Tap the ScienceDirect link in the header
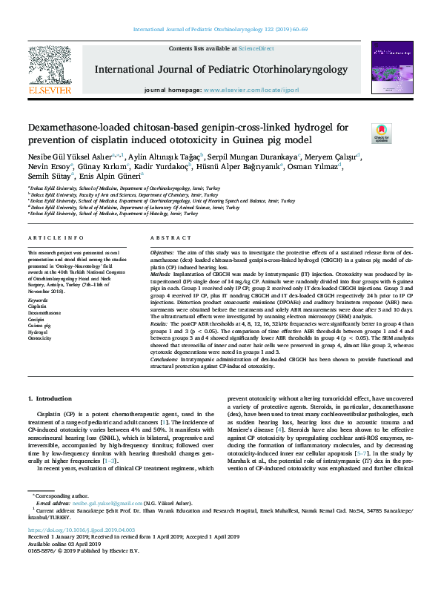[257, 48]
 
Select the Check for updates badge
[381, 134]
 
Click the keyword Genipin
[38, 317]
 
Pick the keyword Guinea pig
[41, 324]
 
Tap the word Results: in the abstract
[162, 323]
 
